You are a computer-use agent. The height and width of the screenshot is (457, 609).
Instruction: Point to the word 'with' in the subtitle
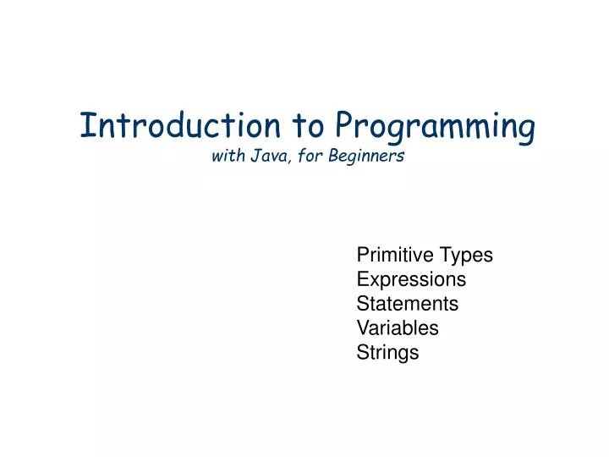tap(226, 156)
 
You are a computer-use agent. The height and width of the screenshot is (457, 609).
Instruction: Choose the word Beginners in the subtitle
tap(369, 157)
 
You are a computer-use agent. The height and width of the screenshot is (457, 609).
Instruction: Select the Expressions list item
tap(411, 279)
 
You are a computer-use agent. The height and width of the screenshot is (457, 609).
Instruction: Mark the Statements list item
tap(407, 303)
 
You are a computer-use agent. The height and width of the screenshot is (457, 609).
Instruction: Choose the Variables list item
tap(398, 328)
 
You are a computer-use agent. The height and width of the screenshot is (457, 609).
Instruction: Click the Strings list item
tap(387, 353)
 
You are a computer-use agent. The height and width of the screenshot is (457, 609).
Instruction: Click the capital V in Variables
tap(363, 328)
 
